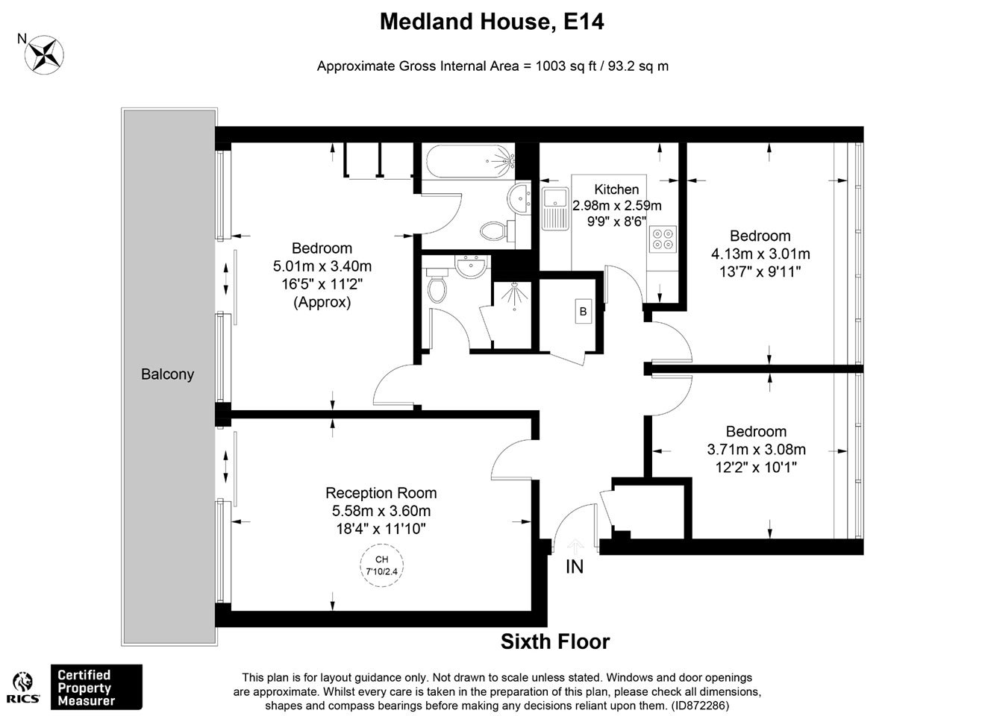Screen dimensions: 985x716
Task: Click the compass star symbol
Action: click(x=44, y=55)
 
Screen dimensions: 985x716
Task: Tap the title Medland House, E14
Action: click(x=492, y=22)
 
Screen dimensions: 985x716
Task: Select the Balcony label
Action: click(x=167, y=374)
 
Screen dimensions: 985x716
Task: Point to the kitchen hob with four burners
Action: click(x=663, y=239)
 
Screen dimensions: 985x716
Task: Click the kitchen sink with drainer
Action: click(x=555, y=209)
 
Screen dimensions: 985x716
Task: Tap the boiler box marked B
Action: click(x=584, y=312)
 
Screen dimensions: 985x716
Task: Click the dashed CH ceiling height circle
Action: click(x=382, y=565)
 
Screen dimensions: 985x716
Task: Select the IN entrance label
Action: click(x=575, y=567)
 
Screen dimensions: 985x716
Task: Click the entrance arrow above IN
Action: click(x=575, y=547)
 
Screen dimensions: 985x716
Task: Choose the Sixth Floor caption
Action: click(x=555, y=641)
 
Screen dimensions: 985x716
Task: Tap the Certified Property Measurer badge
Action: click(x=96, y=688)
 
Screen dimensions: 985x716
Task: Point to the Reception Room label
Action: click(x=381, y=493)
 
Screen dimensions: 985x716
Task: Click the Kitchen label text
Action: click(x=616, y=189)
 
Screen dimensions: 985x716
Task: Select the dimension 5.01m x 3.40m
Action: click(x=322, y=266)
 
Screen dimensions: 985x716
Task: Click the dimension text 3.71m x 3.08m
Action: click(x=757, y=449)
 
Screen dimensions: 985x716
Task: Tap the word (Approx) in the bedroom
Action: click(x=322, y=302)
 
